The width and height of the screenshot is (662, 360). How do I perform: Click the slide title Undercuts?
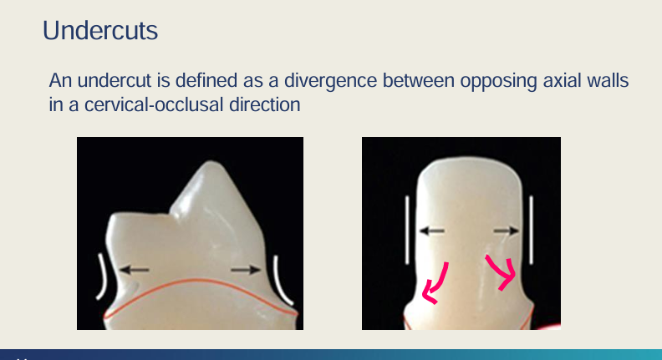(99, 31)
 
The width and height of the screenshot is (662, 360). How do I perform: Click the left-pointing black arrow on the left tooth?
(134, 269)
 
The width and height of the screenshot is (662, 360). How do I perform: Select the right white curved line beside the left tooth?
(283, 280)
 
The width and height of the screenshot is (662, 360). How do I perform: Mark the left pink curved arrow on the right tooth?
(436, 282)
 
